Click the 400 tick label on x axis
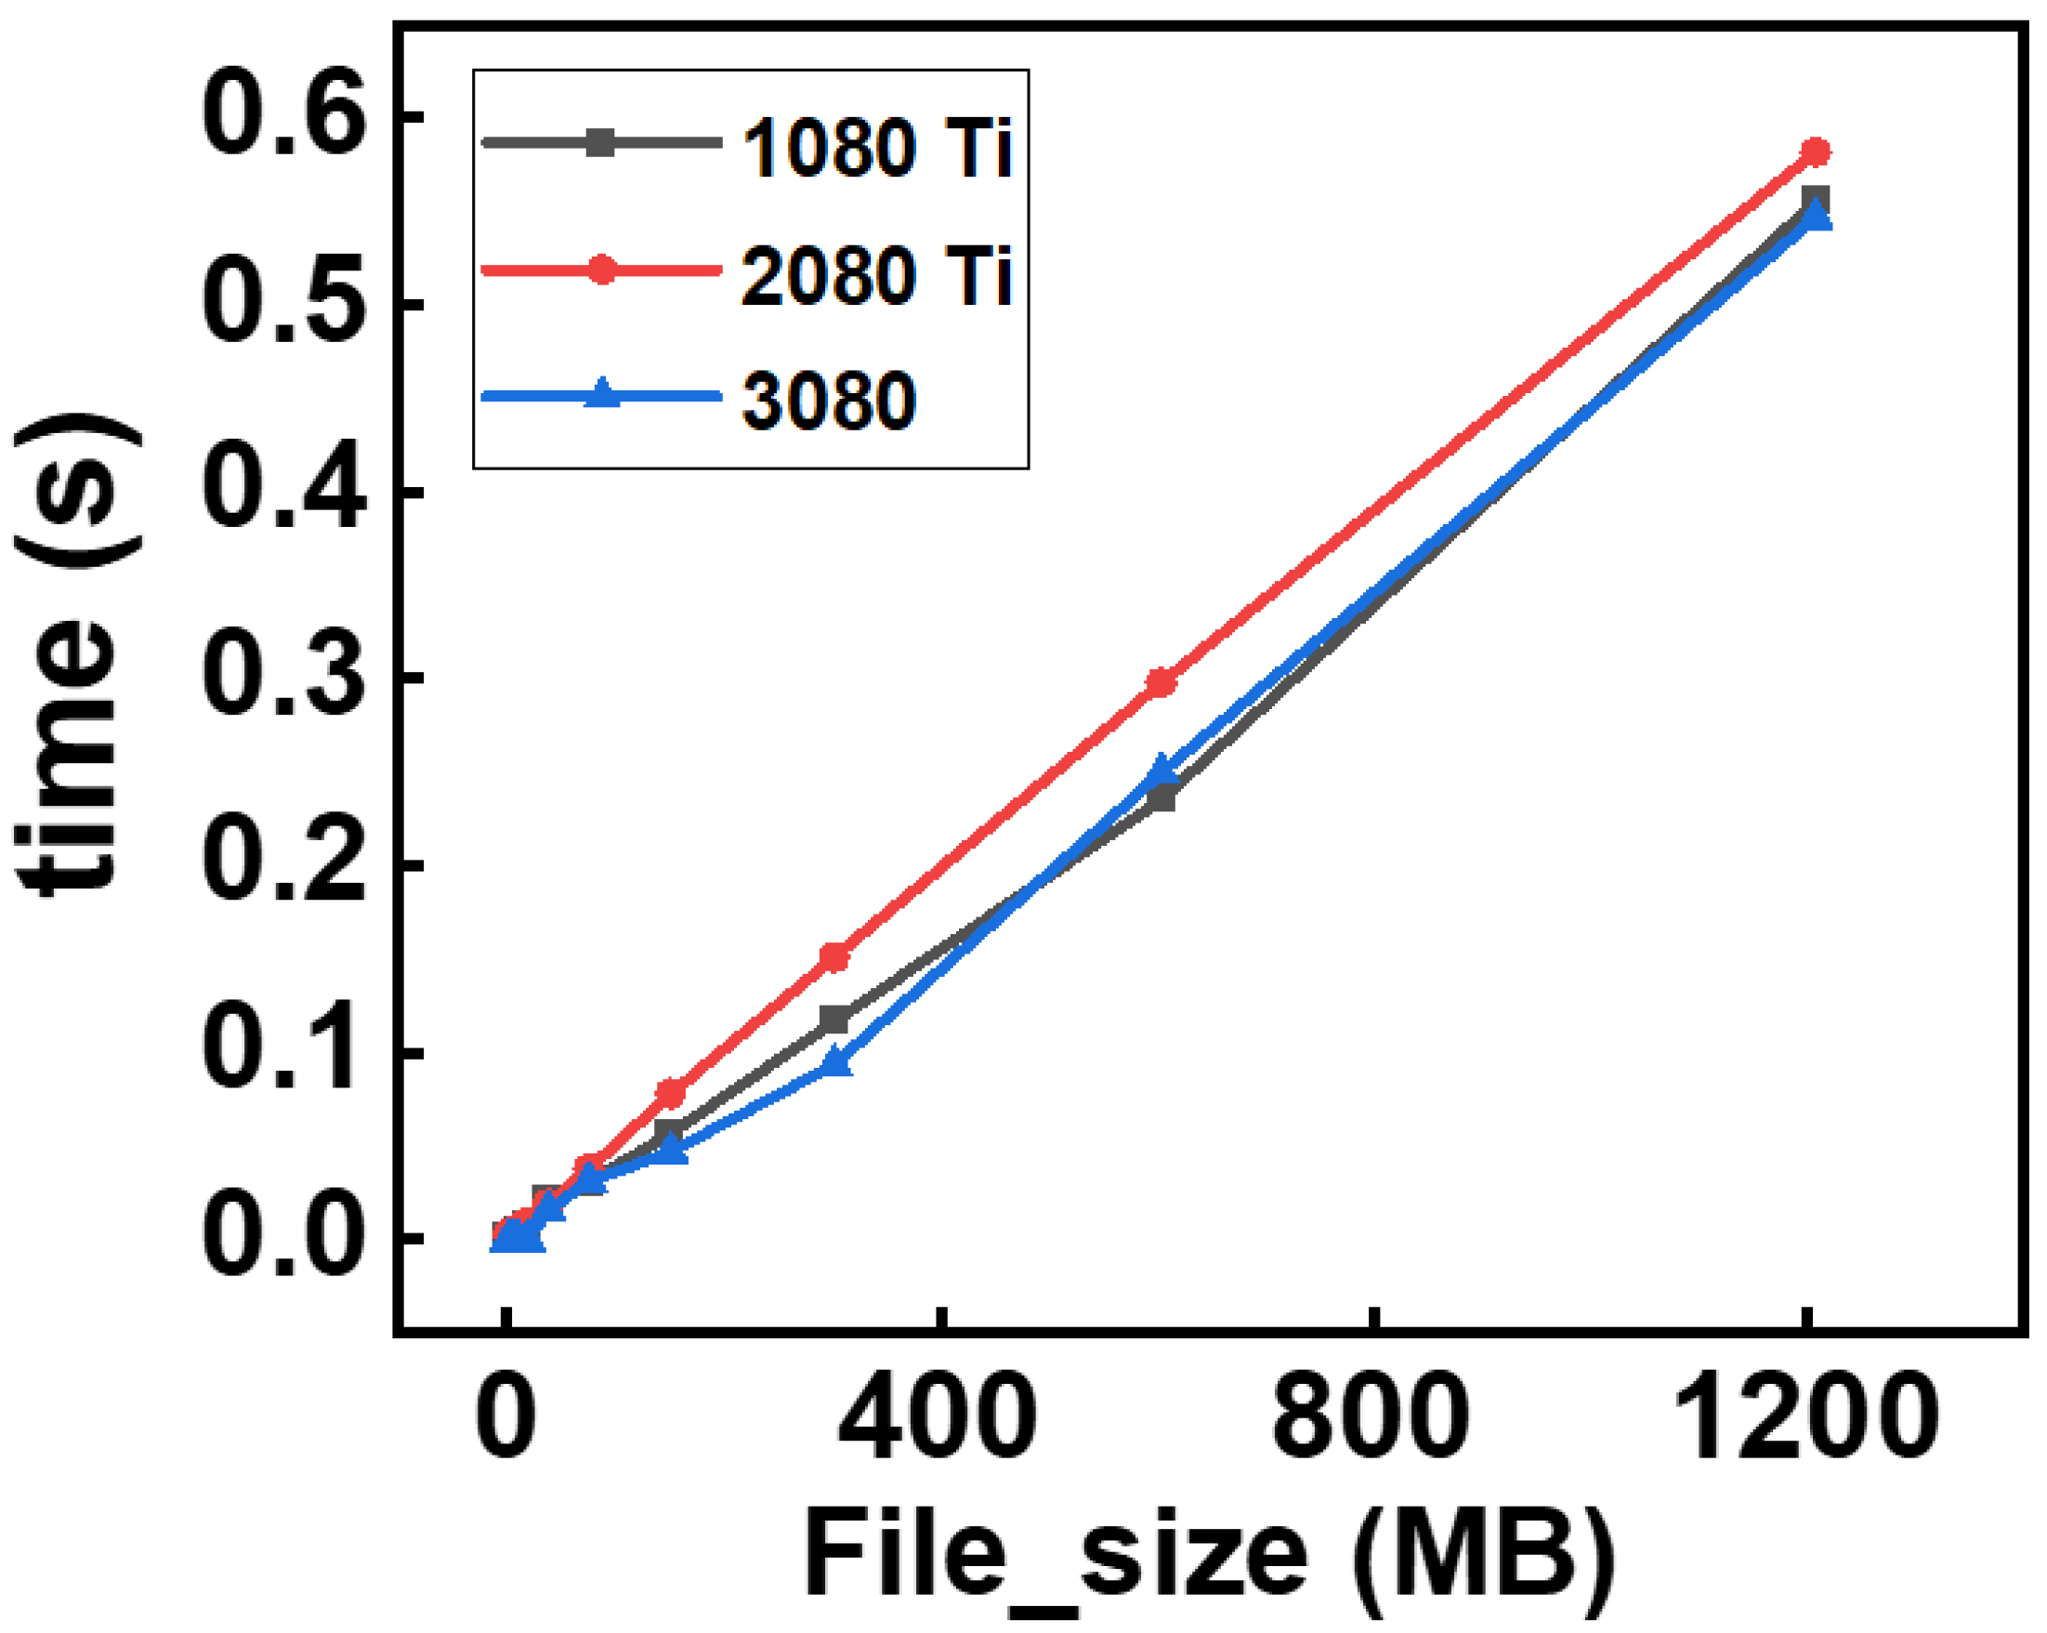click(938, 1421)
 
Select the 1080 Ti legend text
click(877, 149)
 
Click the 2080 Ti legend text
click(877, 276)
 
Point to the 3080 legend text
click(829, 402)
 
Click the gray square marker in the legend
click(601, 143)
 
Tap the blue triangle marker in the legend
click(601, 394)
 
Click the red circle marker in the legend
click(601, 270)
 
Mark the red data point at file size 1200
click(1816, 151)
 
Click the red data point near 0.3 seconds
click(1161, 682)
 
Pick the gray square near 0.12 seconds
click(834, 1020)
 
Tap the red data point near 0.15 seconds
click(834, 957)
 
